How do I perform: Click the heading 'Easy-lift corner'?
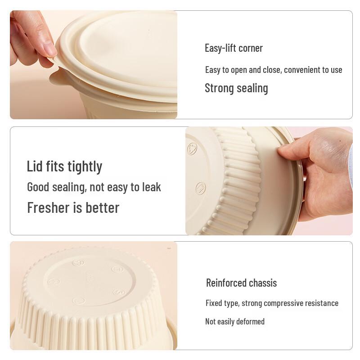coord(234,48)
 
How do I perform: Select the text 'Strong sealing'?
coord(236,88)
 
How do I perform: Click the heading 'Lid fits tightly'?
coord(64,166)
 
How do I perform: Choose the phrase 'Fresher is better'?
coord(73,208)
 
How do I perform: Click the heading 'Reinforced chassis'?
coord(241,283)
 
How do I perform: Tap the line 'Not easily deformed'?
coord(235,321)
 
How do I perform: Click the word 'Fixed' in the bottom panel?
coord(214,303)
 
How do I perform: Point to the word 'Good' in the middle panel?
coord(39,187)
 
